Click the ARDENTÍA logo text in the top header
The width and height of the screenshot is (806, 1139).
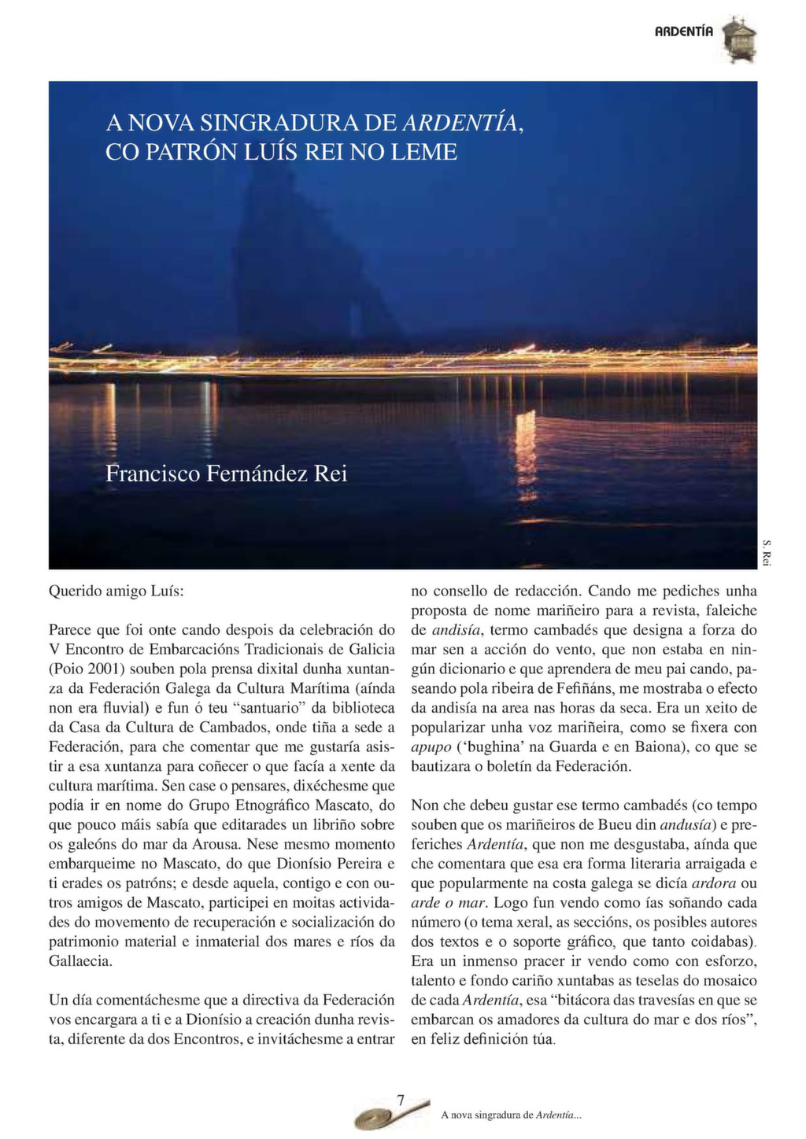coord(684,31)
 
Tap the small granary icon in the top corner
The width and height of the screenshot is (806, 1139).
coord(739,39)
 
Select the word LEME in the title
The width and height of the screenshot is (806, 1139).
coord(427,151)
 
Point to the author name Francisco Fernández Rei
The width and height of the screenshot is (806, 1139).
coord(226,474)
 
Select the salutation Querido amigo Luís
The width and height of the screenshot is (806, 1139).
coord(116,591)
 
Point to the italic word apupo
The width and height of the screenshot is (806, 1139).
coord(431,746)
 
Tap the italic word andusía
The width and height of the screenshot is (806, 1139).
coord(685,824)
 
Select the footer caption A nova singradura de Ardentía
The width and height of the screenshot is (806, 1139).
coord(511,1115)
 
